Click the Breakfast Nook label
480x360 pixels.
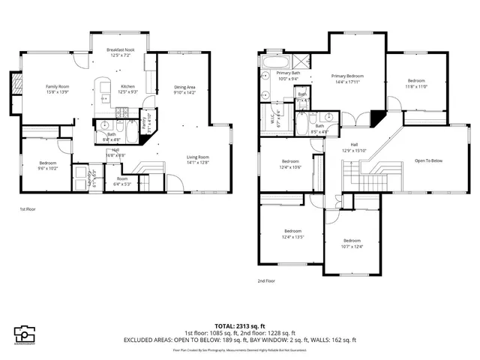point(120,49)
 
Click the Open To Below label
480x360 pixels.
point(428,160)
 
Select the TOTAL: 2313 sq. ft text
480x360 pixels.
point(239,325)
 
